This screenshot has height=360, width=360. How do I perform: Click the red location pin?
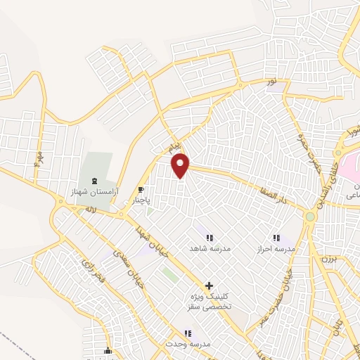[x=181, y=165]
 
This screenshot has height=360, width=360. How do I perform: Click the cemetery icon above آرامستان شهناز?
[x=95, y=181]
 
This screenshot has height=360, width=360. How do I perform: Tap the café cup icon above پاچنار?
[x=141, y=190]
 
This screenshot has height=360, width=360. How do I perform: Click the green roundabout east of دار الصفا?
[x=310, y=217]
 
